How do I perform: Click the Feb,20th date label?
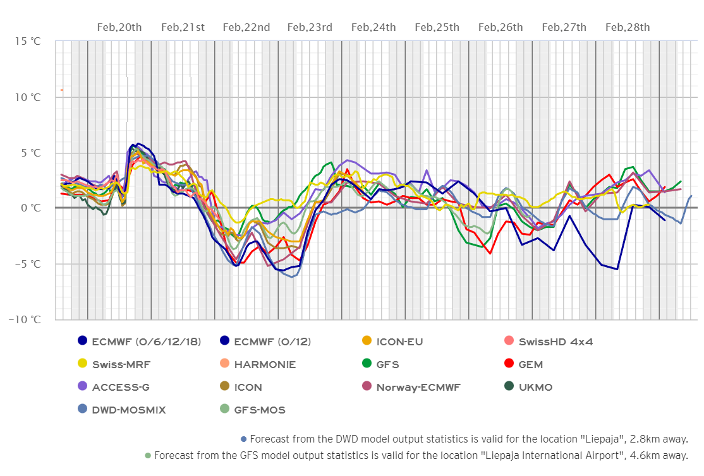coord(119,27)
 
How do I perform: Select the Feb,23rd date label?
coord(310,27)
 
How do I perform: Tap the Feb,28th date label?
coord(628,27)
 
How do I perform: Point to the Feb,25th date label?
coord(437,27)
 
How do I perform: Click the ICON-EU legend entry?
coord(399,342)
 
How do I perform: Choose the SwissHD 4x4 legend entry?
coord(555,342)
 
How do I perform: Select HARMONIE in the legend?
coord(264,365)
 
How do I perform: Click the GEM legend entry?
coord(531,365)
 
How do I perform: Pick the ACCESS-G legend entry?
coord(120,388)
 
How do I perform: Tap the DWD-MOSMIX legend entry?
coord(128,410)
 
